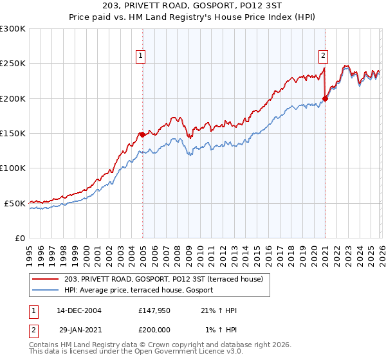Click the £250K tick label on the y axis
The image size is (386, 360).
click(x=13, y=64)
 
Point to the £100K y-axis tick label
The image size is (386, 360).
click(x=13, y=168)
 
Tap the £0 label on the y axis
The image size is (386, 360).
click(x=21, y=238)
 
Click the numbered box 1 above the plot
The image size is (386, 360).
click(x=140, y=56)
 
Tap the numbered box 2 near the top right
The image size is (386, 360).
click(x=323, y=56)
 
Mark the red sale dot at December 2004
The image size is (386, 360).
click(x=142, y=134)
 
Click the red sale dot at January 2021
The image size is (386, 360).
click(x=326, y=98)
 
